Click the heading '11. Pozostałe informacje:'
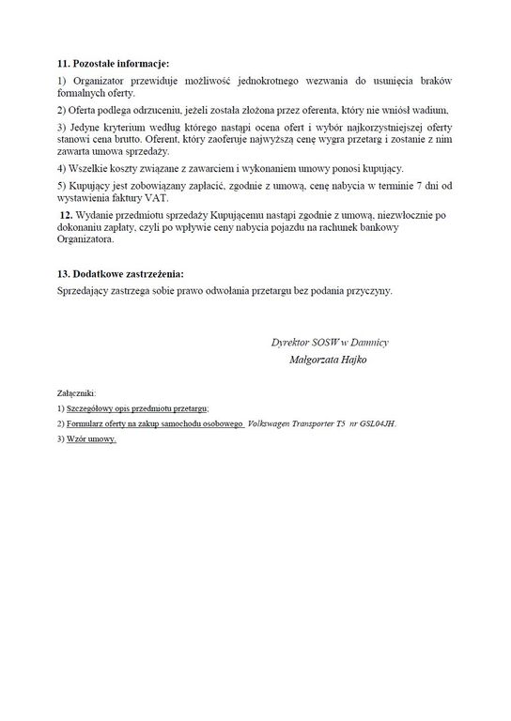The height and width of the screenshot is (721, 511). click(x=113, y=64)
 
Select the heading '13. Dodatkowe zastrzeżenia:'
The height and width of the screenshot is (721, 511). click(x=121, y=273)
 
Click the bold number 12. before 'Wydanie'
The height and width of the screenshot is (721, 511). click(x=65, y=216)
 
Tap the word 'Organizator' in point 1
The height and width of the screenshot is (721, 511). click(x=97, y=83)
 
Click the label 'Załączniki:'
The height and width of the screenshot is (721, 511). click(x=76, y=392)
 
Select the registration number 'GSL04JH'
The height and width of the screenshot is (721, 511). click(x=376, y=423)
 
